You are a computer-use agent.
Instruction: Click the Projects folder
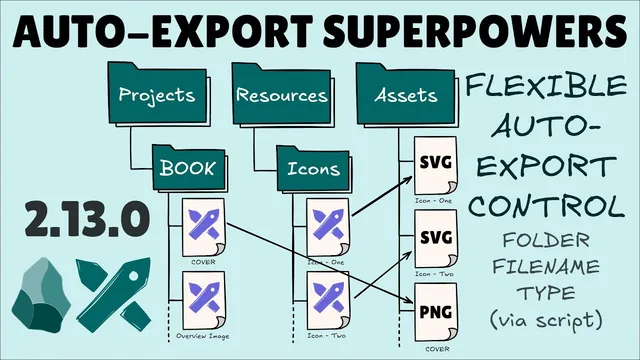pos(155,96)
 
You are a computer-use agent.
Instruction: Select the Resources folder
pos(282,96)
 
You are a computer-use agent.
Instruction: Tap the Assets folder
pos(406,96)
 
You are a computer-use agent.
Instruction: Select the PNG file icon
pos(435,312)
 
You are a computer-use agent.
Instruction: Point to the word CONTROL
pos(545,207)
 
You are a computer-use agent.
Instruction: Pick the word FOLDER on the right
pos(545,240)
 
